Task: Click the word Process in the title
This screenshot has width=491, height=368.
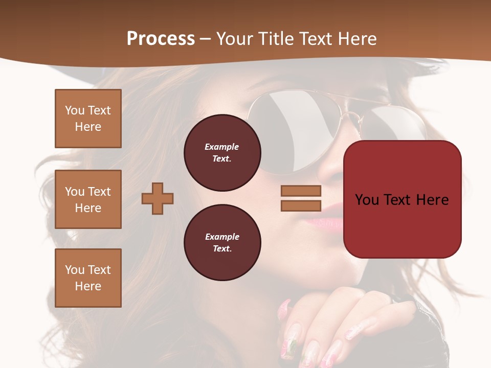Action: point(161,39)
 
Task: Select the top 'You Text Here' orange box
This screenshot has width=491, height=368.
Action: point(88,119)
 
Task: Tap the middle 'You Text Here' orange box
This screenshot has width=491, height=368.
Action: point(88,199)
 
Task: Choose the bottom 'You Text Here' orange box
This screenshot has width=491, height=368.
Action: point(88,278)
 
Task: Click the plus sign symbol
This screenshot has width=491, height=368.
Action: point(158,198)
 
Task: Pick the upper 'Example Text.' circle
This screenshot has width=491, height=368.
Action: point(222,152)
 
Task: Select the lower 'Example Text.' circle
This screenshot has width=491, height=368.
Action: point(222,242)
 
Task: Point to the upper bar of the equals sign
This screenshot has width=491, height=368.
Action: point(301,191)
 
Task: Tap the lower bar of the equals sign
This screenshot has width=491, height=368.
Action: point(301,205)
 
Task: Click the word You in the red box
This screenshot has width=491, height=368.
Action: point(367,200)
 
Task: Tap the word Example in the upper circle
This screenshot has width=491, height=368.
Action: point(222,147)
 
